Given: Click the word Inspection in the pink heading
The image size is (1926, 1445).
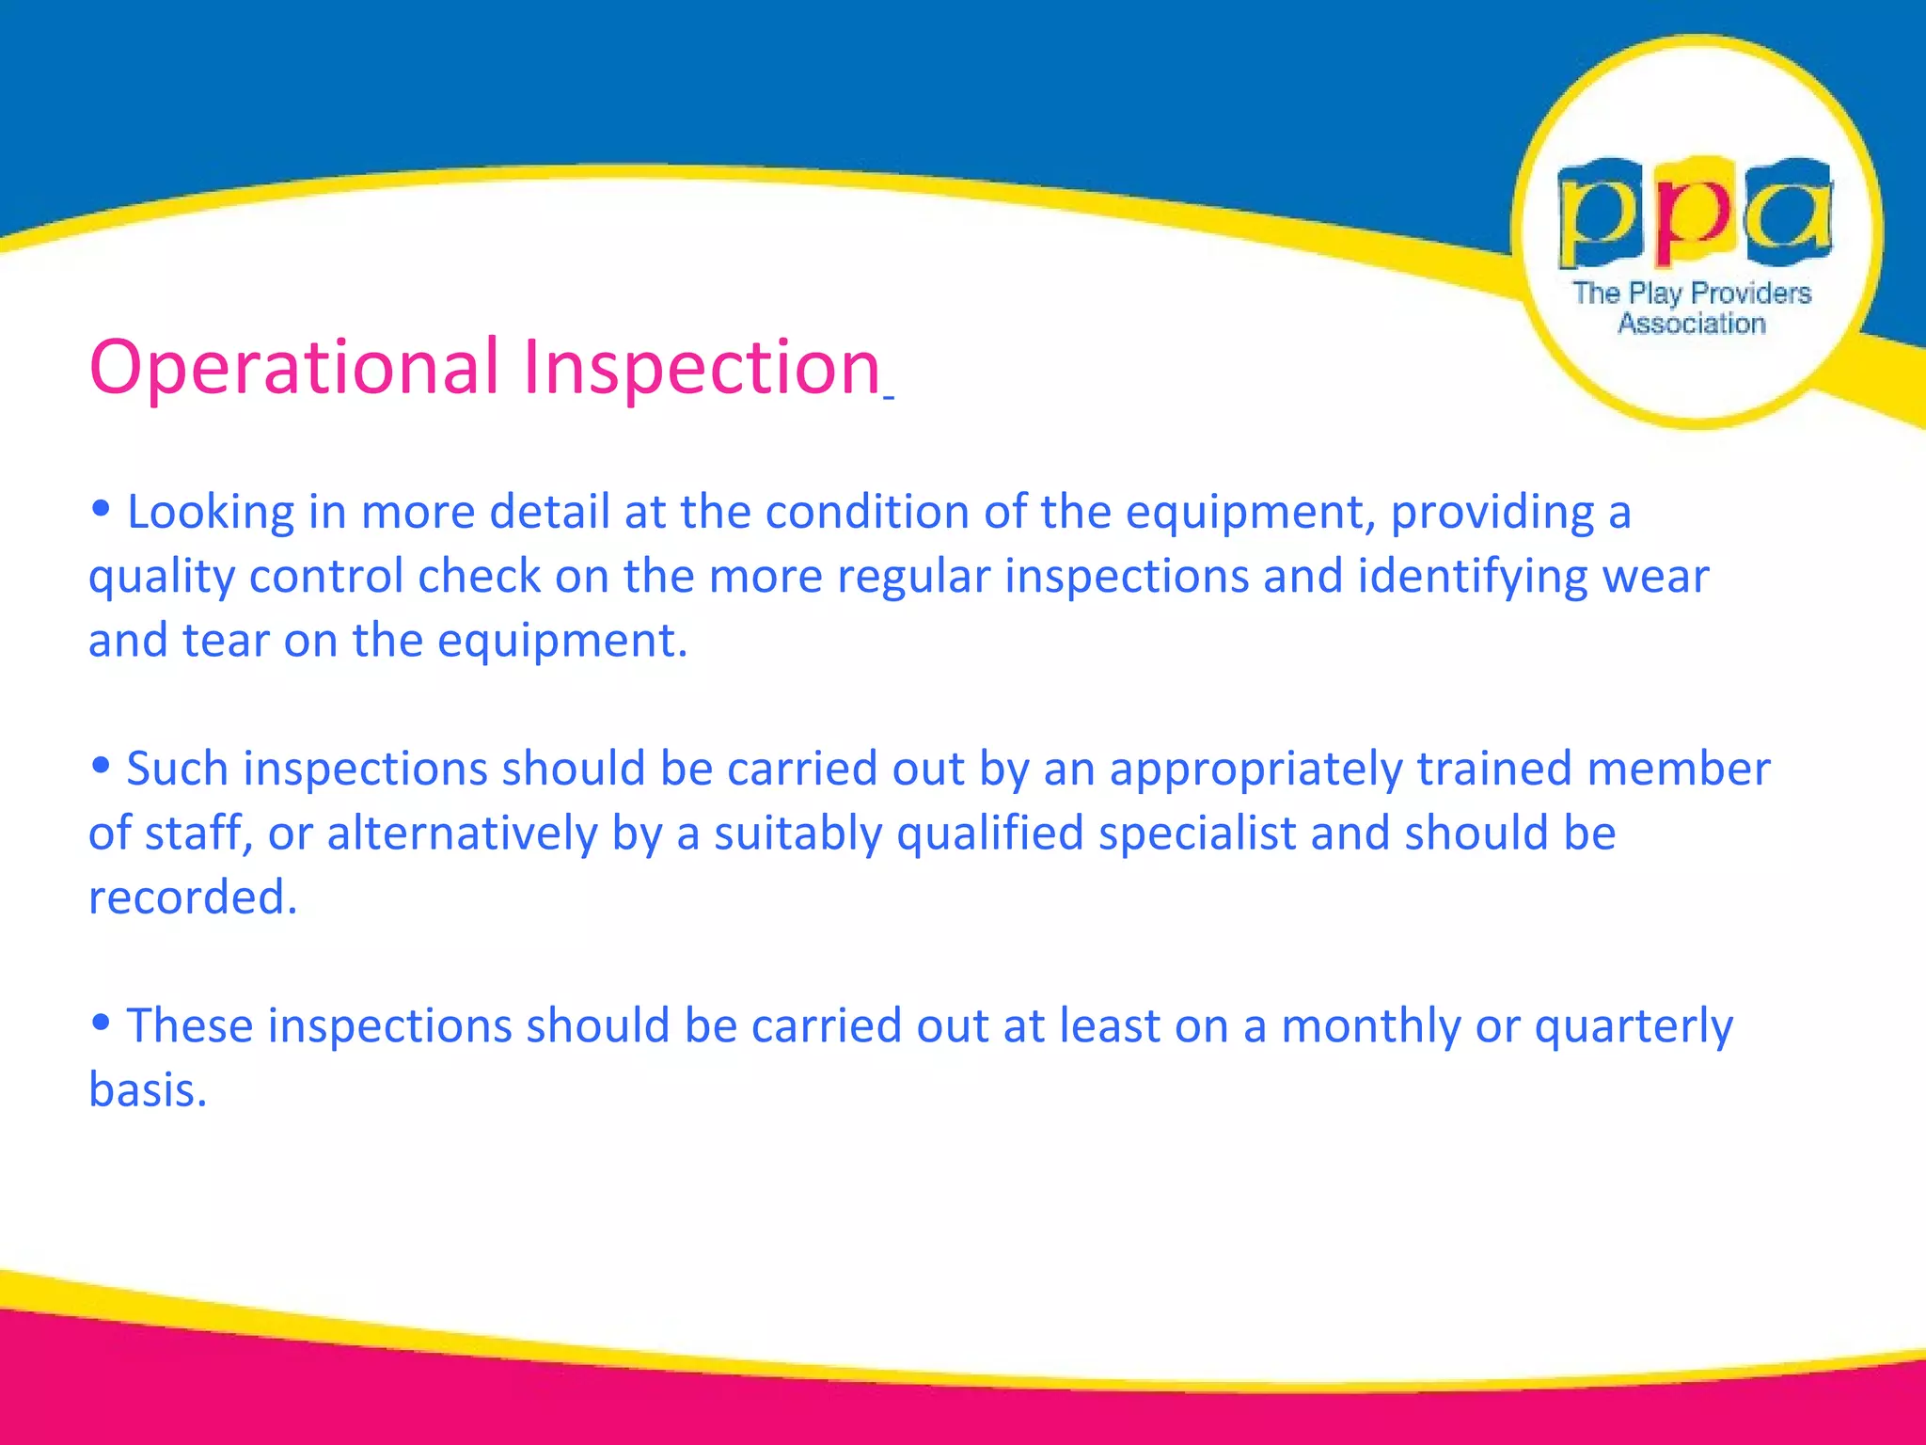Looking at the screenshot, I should point(701,368).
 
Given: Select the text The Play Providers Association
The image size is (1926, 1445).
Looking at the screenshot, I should point(1692,308).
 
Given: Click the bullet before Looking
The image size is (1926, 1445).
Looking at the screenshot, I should point(101,509).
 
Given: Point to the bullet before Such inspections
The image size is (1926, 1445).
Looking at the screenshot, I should point(101,766).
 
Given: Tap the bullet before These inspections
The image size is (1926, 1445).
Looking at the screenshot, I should point(101,1023).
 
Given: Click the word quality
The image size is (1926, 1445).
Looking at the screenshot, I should point(161,578).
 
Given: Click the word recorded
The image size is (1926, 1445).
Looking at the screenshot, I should point(192,898).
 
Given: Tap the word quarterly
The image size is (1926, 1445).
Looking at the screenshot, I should point(1634,1027).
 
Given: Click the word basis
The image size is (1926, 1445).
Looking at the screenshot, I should point(147,1091).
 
